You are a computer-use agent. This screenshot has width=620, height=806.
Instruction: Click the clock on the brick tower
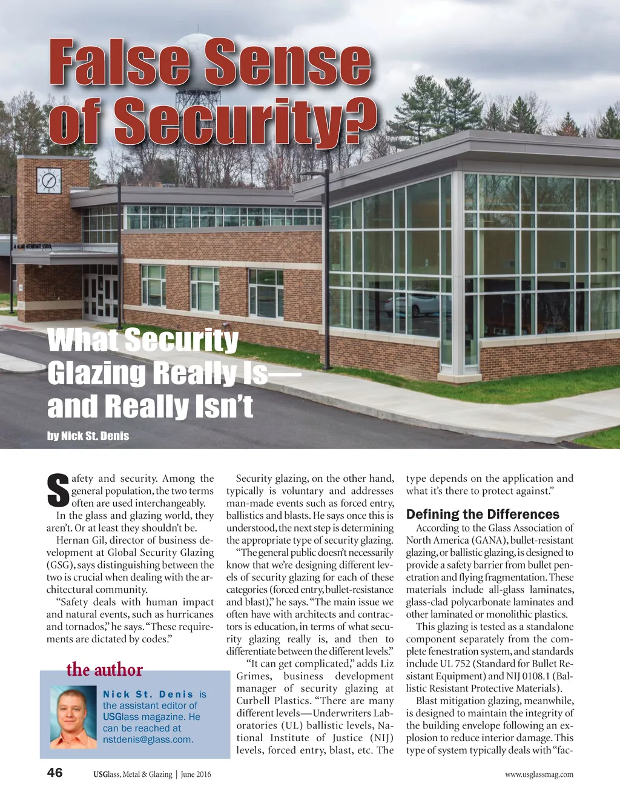[49, 181]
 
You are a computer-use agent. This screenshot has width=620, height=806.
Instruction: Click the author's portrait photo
[73, 717]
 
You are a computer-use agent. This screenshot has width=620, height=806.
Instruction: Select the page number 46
[54, 773]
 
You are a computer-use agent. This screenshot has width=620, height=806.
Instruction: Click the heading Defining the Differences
[483, 515]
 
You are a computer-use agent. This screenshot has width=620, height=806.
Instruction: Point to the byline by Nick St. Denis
[88, 436]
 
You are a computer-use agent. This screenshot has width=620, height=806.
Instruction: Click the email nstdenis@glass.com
[148, 739]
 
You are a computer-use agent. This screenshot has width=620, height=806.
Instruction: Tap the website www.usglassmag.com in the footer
[539, 774]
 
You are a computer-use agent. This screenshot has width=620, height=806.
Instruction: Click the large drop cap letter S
[58, 490]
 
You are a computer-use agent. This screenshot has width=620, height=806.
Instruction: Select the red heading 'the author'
[105, 670]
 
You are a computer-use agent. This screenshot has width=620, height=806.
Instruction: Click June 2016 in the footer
[196, 774]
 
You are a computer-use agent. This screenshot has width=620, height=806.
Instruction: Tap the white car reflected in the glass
[412, 303]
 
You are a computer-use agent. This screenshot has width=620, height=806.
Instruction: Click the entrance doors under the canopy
[101, 296]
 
